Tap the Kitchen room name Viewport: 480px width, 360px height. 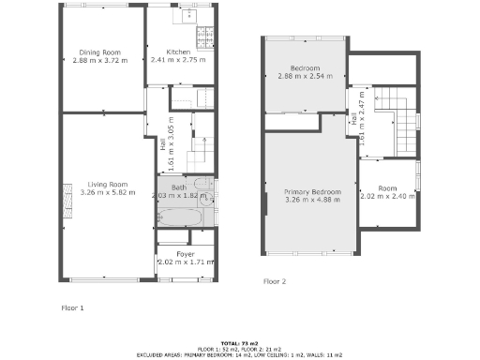(x=178, y=52)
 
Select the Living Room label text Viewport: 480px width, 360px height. (x=105, y=185)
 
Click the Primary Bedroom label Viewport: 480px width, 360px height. (x=312, y=191)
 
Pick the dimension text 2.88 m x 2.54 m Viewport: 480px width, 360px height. (x=306, y=77)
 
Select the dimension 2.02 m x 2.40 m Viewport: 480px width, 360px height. (x=385, y=197)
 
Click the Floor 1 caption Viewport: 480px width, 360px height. (x=73, y=307)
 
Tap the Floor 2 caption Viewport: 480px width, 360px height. (x=274, y=281)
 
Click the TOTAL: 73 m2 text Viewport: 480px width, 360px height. (x=240, y=344)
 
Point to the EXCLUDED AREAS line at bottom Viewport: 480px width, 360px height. (x=240, y=355)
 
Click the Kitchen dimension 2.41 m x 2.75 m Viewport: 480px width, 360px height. (x=178, y=60)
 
